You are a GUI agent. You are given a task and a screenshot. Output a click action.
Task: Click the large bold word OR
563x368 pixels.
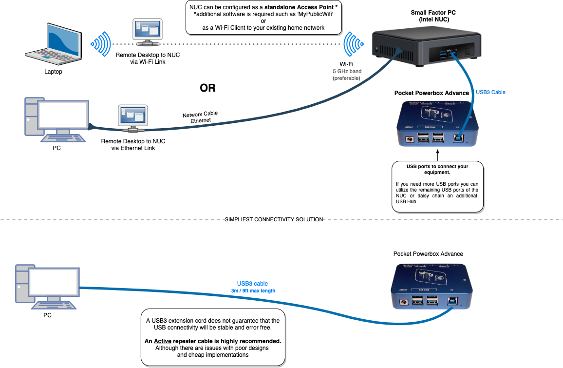coord(207,88)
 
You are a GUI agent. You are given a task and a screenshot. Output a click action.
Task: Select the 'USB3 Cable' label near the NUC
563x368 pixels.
coord(490,92)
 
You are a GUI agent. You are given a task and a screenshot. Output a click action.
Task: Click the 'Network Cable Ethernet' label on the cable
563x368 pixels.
coord(200,117)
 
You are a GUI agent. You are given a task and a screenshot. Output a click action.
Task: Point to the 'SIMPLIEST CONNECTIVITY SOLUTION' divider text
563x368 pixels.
coord(274,219)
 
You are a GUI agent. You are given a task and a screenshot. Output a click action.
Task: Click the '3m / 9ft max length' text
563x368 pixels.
coord(253,291)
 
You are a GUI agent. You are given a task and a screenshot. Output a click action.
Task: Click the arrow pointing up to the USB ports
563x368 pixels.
coord(437,155)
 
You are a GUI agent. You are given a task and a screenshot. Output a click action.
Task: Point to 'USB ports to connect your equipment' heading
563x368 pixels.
coord(437,169)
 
